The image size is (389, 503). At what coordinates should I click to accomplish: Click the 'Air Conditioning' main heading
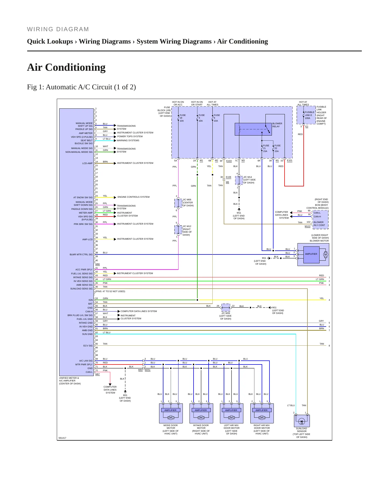click(x=66, y=67)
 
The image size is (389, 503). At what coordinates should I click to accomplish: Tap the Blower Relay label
click(x=277, y=125)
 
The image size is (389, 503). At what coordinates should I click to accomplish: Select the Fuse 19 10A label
click(x=183, y=118)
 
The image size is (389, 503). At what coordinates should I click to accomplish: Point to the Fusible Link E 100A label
click(x=309, y=115)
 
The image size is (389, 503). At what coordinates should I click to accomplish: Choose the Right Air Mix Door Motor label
click(x=262, y=430)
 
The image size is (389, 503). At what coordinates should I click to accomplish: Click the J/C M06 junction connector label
click(x=188, y=203)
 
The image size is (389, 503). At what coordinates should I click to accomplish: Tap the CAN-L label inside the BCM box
click(x=317, y=213)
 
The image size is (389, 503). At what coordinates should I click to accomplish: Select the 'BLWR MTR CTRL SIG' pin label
click(x=81, y=254)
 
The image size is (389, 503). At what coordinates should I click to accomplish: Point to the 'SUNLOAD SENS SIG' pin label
click(x=81, y=289)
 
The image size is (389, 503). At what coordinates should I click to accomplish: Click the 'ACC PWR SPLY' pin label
click(x=84, y=270)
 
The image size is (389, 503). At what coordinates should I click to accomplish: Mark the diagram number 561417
click(x=62, y=438)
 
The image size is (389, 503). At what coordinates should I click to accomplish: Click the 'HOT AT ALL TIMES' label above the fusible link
click(x=303, y=103)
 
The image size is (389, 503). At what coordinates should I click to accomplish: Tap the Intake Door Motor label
click(x=201, y=430)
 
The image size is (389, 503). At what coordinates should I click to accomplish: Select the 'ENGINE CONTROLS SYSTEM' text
click(x=134, y=197)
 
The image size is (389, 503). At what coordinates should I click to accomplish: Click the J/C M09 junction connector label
click(x=226, y=316)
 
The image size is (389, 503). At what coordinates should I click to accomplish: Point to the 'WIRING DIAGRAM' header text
click(x=58, y=29)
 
